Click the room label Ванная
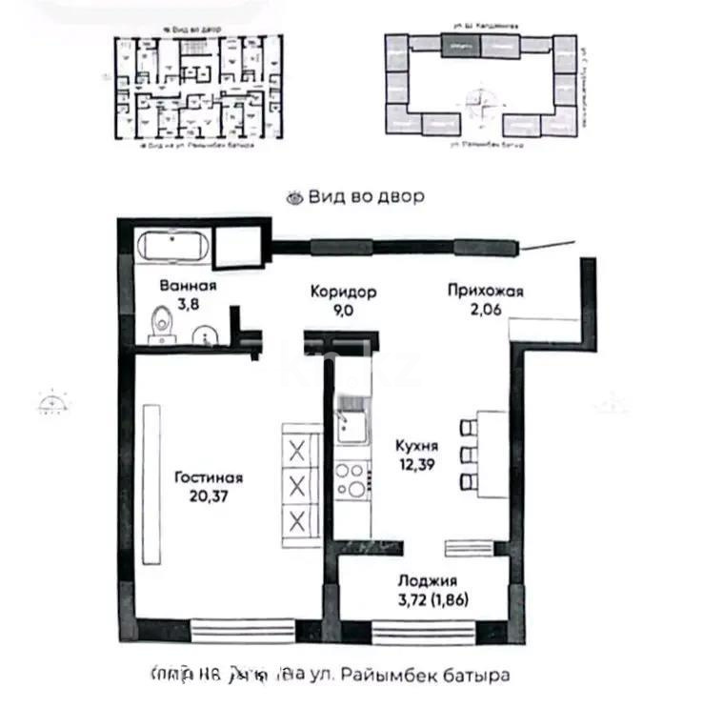[x=188, y=285]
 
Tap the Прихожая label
[x=486, y=292]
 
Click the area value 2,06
[x=486, y=309]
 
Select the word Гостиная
[x=208, y=478]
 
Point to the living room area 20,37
[x=208, y=495]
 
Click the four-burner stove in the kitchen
[x=351, y=480]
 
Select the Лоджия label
[x=429, y=579]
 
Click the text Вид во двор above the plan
[x=366, y=196]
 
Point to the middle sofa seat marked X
[x=297, y=484]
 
